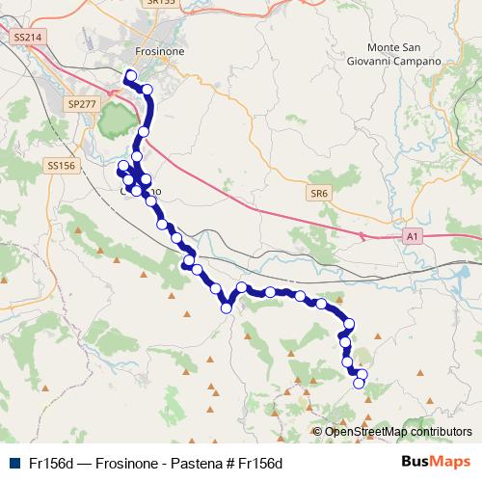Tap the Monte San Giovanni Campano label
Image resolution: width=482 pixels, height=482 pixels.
(x=405, y=54)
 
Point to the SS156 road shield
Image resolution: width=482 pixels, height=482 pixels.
(x=60, y=166)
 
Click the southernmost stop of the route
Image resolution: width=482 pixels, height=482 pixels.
(x=360, y=384)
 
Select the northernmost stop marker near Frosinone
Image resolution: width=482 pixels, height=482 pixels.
(x=130, y=76)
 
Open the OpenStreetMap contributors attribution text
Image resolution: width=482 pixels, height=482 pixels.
(x=398, y=432)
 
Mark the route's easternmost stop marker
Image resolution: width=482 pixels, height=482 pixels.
(x=362, y=374)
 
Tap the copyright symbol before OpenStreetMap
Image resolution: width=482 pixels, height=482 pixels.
(x=318, y=432)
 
